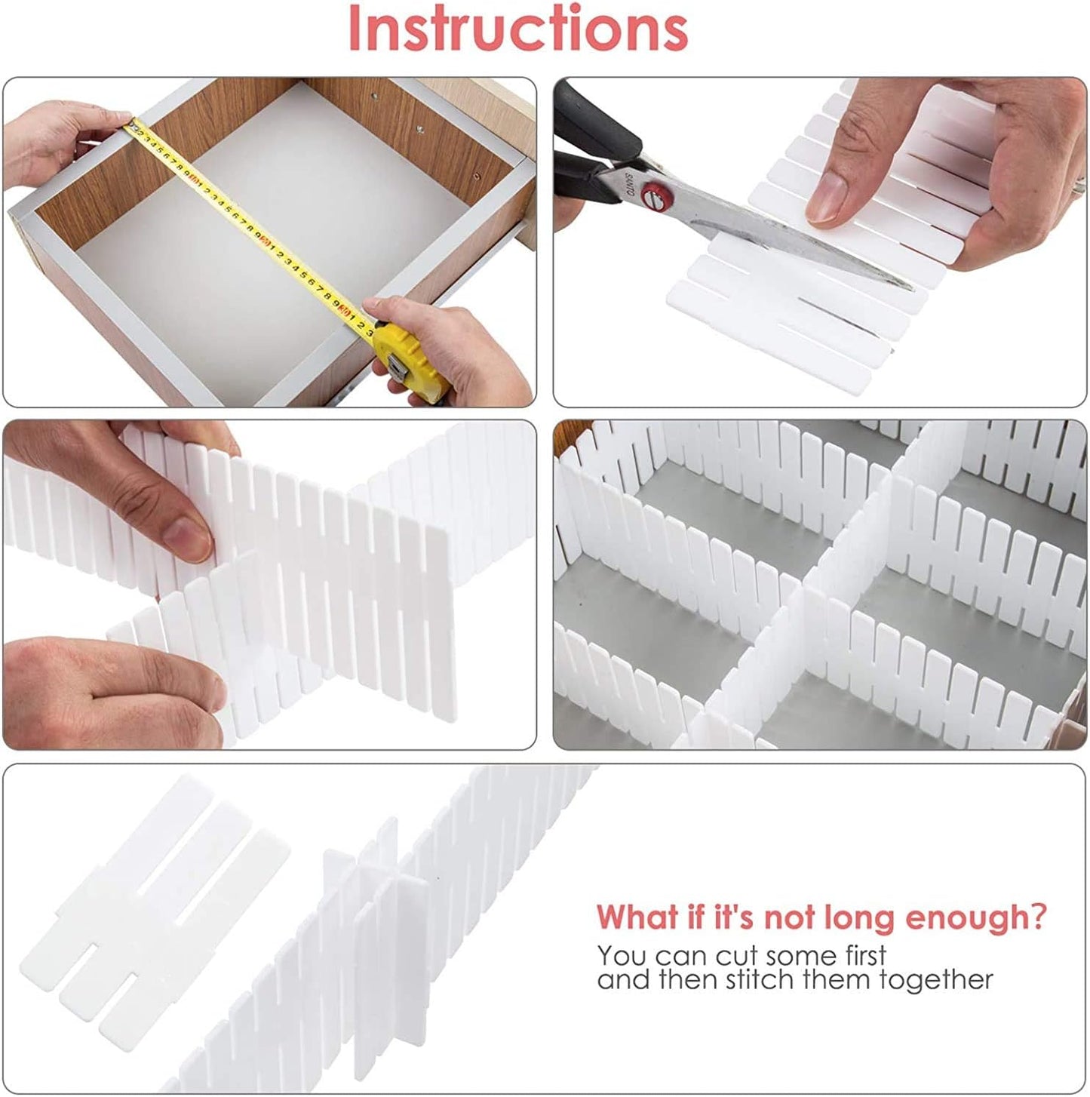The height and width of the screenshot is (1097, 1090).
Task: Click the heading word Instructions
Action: (x=517, y=29)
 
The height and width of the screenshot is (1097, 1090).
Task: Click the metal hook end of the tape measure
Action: (x=130, y=128)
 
